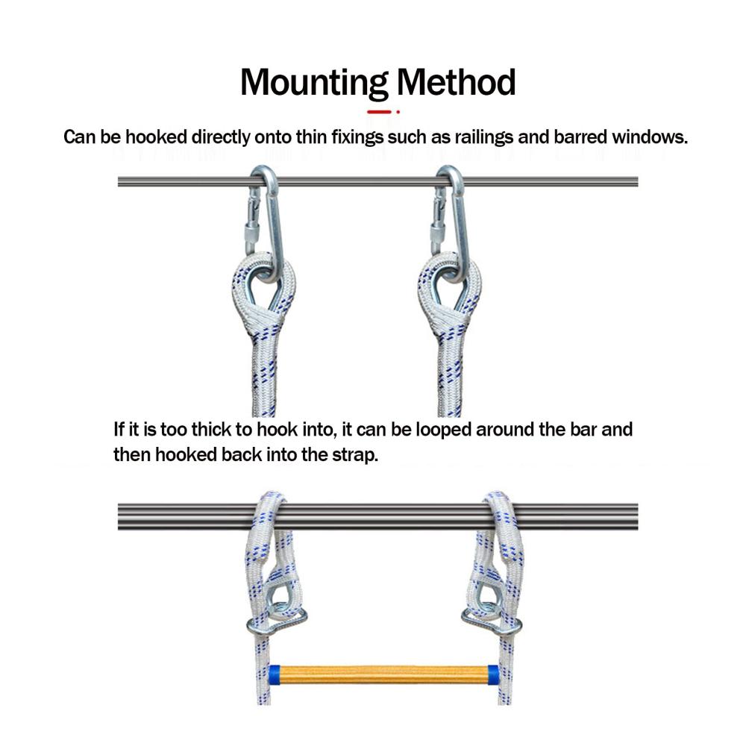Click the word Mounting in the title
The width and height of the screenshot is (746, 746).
[x=314, y=83]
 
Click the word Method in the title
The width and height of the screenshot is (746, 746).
[x=456, y=82]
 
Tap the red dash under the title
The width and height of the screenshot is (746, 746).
[x=379, y=112]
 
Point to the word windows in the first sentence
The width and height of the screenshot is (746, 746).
[x=650, y=137]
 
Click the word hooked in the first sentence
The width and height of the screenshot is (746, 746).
[x=156, y=137]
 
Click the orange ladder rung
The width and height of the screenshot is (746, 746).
[x=383, y=674]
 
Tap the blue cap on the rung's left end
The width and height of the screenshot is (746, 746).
[x=274, y=674]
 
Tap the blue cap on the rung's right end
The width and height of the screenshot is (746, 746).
[x=493, y=674]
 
